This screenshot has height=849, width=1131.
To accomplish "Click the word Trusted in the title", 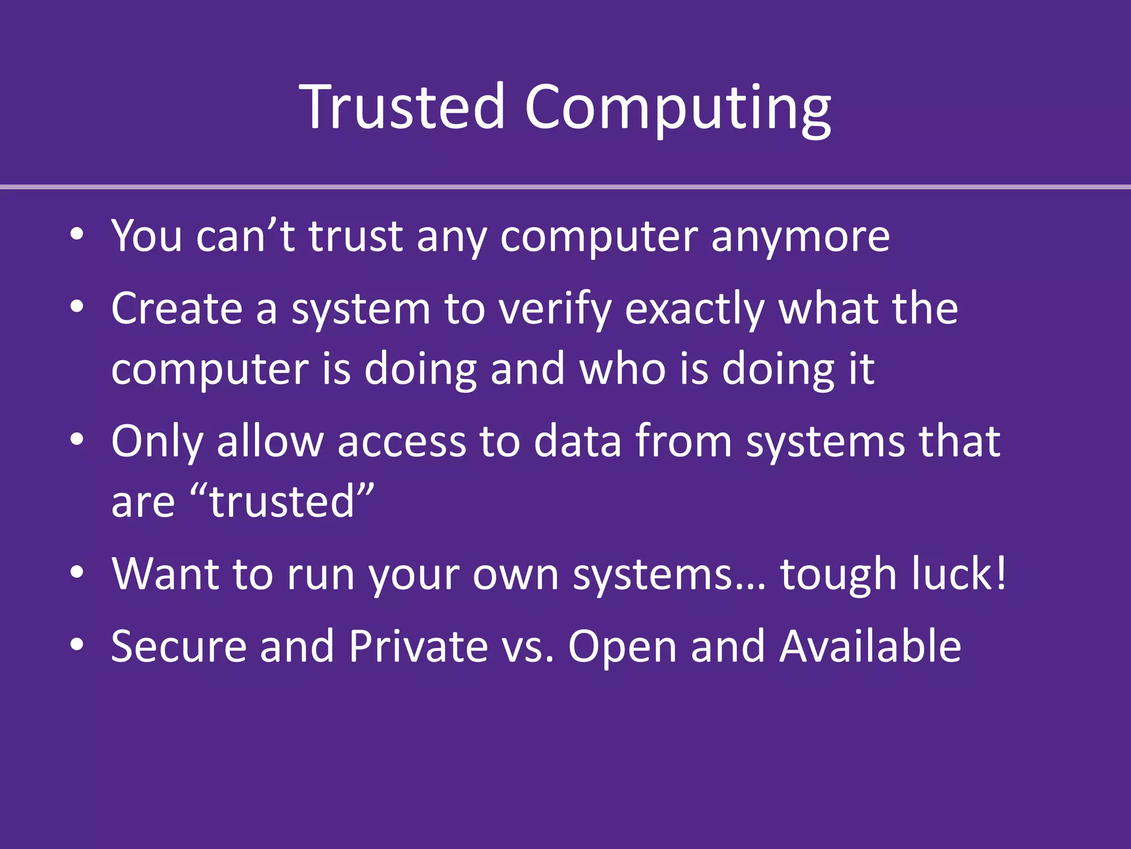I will point(402,106).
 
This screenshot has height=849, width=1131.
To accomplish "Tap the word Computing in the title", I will point(678,108).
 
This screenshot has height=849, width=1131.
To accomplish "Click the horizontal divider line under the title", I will point(565,187).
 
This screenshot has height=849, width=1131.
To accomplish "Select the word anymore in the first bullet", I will point(800,237).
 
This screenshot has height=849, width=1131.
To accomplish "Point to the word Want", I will point(165,573).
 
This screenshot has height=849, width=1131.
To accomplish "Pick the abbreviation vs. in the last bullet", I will point(527,647).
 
